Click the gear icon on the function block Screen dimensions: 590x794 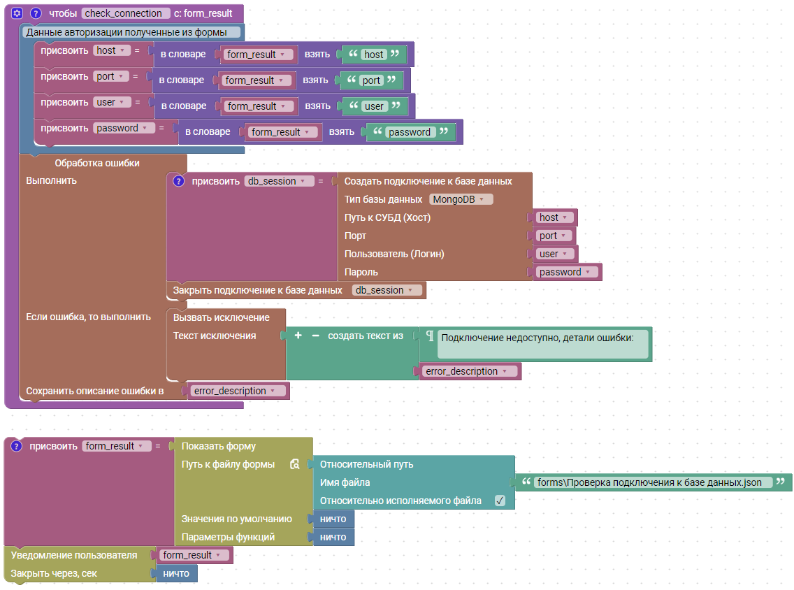(17, 13)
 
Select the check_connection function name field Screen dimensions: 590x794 (126, 13)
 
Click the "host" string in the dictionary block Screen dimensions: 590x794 (374, 55)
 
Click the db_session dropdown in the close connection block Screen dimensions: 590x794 (387, 290)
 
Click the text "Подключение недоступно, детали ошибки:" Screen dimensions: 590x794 (537, 338)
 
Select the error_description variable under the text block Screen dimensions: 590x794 (468, 371)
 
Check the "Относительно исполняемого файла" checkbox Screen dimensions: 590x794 (500, 501)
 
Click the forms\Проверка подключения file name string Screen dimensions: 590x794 (649, 482)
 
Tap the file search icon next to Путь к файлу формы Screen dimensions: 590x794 (295, 464)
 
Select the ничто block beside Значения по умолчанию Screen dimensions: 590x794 (333, 519)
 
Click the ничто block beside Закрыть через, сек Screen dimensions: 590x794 (176, 573)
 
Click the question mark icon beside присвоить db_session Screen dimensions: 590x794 (178, 181)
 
